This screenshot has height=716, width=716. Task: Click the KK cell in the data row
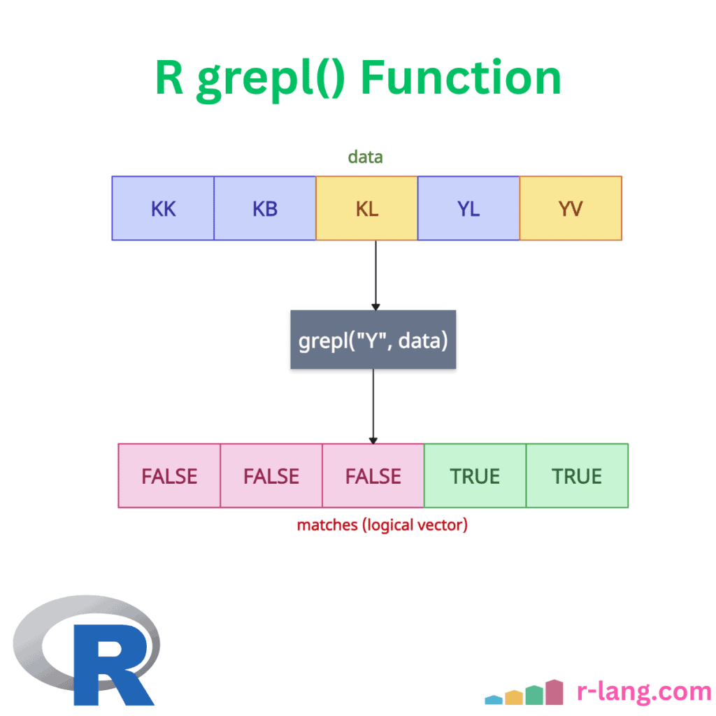coord(163,208)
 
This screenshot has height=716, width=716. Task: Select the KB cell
coord(265,208)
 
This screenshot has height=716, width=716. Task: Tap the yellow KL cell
coord(367,208)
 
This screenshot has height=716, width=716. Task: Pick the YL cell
coord(468,208)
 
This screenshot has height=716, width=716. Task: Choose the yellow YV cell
coord(571,208)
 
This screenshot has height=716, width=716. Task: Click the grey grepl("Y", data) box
coord(373,340)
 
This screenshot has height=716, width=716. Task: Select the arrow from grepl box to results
coord(373,406)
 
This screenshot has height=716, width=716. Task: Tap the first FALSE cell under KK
coord(169,476)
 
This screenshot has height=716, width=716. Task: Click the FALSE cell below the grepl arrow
coord(373,476)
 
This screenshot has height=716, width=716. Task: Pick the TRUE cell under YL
coord(475,476)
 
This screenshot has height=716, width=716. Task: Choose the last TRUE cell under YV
coord(577,476)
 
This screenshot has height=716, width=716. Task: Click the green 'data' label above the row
coord(366,157)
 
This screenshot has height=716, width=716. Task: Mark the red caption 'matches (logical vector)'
coord(382,524)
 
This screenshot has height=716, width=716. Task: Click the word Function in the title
coord(461,78)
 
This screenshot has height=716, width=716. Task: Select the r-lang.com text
coord(644,692)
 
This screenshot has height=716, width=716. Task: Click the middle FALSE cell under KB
coord(271,476)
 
